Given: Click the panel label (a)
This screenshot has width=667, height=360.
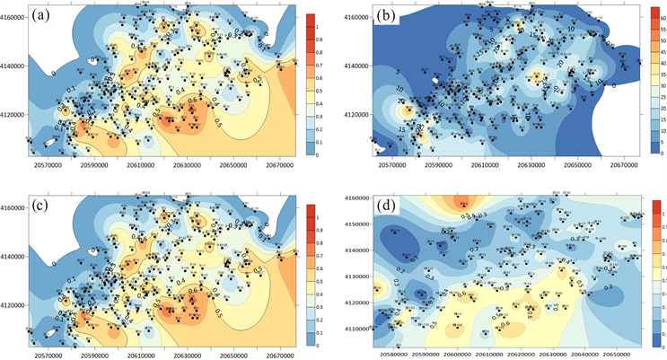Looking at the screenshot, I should (41, 16).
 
